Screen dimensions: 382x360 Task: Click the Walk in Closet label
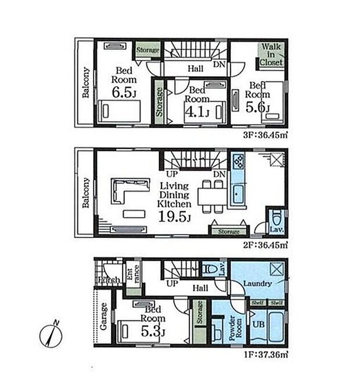click(x=271, y=53)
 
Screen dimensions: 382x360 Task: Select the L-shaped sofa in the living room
click(x=125, y=192)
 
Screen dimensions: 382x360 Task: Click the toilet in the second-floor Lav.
click(x=277, y=221)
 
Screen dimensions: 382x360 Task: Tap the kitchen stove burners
click(x=239, y=161)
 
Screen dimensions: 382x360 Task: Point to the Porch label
click(x=109, y=281)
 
